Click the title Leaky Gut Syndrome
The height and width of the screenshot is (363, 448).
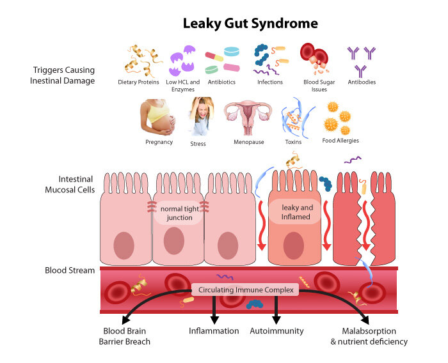pos(250,24)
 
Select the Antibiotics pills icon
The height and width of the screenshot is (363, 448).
pos(222,60)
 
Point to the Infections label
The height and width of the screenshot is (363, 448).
pos(269,82)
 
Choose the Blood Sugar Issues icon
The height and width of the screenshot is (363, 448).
pos(316,59)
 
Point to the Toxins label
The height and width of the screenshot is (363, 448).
pos(293,142)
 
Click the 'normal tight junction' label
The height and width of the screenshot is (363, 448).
pos(179,213)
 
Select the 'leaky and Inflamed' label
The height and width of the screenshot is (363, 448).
pos(296,212)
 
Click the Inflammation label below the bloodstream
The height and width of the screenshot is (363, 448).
pos(214,331)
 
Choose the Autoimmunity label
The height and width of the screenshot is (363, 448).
pos(277,331)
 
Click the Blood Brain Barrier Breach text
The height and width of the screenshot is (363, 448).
pos(127,336)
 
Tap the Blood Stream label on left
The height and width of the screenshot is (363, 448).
pos(70,270)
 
